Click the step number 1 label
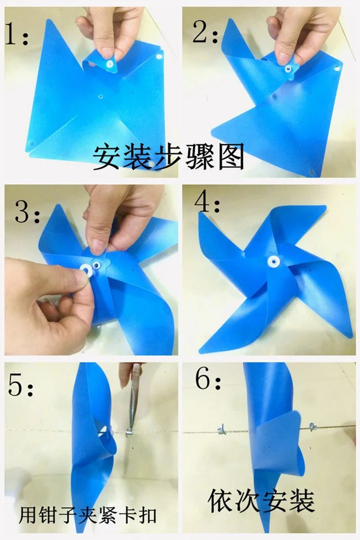16,34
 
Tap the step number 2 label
205,32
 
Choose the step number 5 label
21,386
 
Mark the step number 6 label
208,379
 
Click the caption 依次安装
261,501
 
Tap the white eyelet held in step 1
110,63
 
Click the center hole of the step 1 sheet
101,97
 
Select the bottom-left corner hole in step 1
31,143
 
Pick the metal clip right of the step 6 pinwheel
313,427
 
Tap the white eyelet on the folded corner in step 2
287,68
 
